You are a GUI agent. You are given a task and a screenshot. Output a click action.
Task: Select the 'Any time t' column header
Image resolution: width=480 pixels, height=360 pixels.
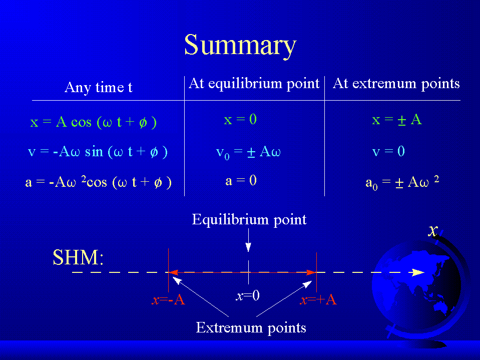pyautogui.click(x=99, y=87)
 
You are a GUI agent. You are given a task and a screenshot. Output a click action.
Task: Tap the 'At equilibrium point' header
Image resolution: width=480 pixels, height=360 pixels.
pyautogui.click(x=254, y=84)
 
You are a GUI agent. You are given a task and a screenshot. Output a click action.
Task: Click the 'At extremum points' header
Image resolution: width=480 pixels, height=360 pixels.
pyautogui.click(x=396, y=84)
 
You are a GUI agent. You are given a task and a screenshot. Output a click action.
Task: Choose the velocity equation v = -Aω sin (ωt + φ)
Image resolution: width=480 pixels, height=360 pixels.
pyautogui.click(x=98, y=152)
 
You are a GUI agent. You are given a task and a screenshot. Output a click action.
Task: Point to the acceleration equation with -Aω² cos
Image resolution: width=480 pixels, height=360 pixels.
pyautogui.click(x=98, y=182)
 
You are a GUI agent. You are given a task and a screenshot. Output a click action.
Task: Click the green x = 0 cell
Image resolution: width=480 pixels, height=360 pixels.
pyautogui.click(x=240, y=119)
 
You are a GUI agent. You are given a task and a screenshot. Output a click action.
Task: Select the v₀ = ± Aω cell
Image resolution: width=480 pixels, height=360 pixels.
pyautogui.click(x=248, y=152)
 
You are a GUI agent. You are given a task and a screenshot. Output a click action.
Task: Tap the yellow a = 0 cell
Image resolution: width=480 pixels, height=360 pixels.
pyautogui.click(x=241, y=181)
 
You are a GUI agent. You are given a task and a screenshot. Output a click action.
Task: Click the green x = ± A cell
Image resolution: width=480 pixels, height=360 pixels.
pyautogui.click(x=397, y=119)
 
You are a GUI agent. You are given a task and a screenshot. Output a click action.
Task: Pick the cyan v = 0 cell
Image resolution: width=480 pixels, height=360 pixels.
pyautogui.click(x=388, y=151)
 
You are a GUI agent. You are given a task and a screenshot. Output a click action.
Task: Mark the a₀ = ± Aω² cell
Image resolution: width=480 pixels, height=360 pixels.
pyautogui.click(x=402, y=183)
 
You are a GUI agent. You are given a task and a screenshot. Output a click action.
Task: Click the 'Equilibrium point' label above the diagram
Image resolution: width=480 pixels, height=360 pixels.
pyautogui.click(x=249, y=220)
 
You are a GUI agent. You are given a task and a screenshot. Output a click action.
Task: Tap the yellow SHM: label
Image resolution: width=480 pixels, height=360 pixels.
pyautogui.click(x=79, y=257)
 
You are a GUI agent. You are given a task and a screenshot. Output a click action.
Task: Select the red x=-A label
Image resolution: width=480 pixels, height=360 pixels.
pyautogui.click(x=168, y=300)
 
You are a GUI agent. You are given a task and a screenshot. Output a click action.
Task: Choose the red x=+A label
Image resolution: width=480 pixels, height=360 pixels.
pyautogui.click(x=318, y=300)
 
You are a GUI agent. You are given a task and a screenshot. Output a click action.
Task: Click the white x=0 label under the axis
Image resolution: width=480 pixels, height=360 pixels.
pyautogui.click(x=248, y=296)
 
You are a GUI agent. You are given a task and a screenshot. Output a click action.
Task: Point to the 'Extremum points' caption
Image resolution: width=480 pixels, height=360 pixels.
pyautogui.click(x=251, y=327)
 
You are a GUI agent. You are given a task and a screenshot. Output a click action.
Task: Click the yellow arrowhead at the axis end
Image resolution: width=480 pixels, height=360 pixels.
pyautogui.click(x=418, y=272)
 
